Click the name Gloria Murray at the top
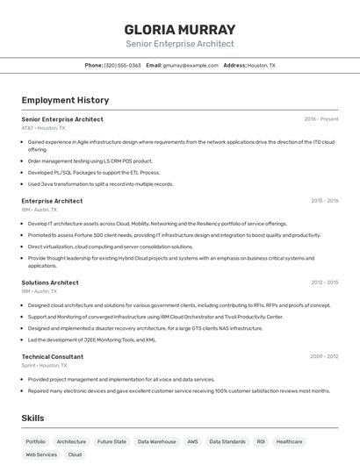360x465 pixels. [179, 29]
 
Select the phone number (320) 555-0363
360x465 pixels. [122, 65]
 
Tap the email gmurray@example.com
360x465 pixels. [191, 65]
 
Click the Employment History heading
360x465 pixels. [65, 101]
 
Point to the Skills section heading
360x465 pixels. [32, 418]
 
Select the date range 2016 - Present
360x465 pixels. [321, 119]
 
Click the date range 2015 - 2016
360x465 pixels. [324, 201]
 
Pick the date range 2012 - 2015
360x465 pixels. [324, 283]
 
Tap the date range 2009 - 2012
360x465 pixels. [324, 356]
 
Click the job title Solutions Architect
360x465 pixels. [50, 283]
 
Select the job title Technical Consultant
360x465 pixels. [54, 356]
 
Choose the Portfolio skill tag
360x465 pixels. [36, 442]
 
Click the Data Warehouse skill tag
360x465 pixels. [156, 442]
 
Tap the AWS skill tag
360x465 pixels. [192, 442]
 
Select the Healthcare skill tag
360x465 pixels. [289, 442]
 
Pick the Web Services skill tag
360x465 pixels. [41, 454]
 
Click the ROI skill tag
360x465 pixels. [261, 442]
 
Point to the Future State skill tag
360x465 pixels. [112, 442]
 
